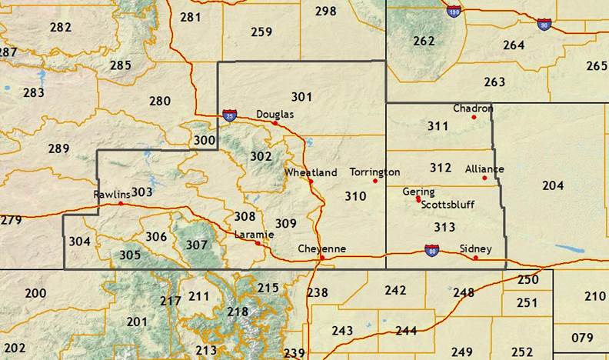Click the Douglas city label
(275, 113)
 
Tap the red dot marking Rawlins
(121, 204)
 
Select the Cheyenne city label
(322, 248)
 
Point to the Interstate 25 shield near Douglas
(230, 115)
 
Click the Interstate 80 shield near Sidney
(432, 249)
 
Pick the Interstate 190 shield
(454, 12)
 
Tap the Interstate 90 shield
(544, 25)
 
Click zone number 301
(302, 96)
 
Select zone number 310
(355, 196)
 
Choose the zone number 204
(553, 185)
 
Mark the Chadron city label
(472, 108)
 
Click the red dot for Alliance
(485, 178)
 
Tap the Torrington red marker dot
(375, 181)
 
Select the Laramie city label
(250, 234)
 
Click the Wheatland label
(311, 172)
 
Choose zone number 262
(424, 41)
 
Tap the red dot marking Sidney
(476, 258)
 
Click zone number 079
(583, 338)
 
